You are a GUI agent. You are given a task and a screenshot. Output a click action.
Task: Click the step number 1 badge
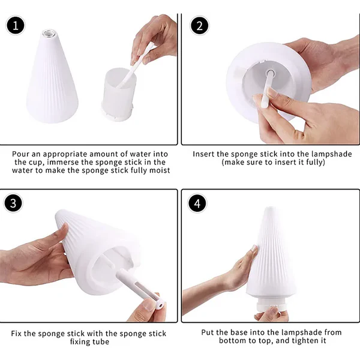pyautogui.click(x=16, y=25)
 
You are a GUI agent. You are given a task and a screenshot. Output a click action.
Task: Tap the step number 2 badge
pyautogui.click(x=200, y=25)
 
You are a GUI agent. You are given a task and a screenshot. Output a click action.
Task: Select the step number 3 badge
pyautogui.click(x=13, y=203)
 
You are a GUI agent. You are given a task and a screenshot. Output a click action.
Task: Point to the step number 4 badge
pyautogui.click(x=197, y=203)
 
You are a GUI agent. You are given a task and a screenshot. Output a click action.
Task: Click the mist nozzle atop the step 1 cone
pyautogui.click(x=49, y=32)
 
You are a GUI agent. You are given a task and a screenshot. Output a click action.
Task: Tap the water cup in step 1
pyautogui.click(x=119, y=94)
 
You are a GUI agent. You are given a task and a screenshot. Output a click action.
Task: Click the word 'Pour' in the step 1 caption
pyautogui.click(x=20, y=154)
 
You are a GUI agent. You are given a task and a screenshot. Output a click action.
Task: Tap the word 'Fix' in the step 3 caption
pyautogui.click(x=16, y=333)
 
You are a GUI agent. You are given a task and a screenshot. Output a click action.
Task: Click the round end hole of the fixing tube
pyautogui.click(x=160, y=306)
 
